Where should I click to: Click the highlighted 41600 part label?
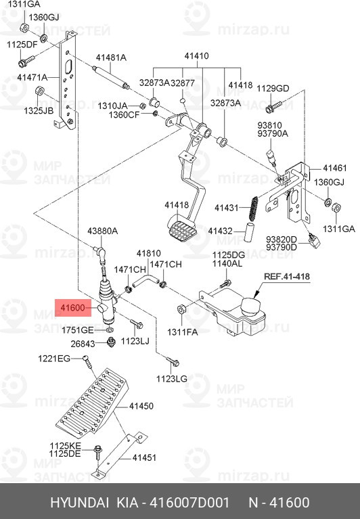pos(72,309)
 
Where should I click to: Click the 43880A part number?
pos(102,231)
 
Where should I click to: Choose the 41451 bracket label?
pos(143,457)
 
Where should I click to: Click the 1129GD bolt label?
pos(273,89)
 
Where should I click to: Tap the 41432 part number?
pos(221,231)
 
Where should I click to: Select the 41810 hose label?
pos(148,253)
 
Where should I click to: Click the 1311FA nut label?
pos(183,332)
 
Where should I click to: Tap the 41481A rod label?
pos(110,57)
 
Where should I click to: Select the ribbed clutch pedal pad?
pos(181,232)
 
